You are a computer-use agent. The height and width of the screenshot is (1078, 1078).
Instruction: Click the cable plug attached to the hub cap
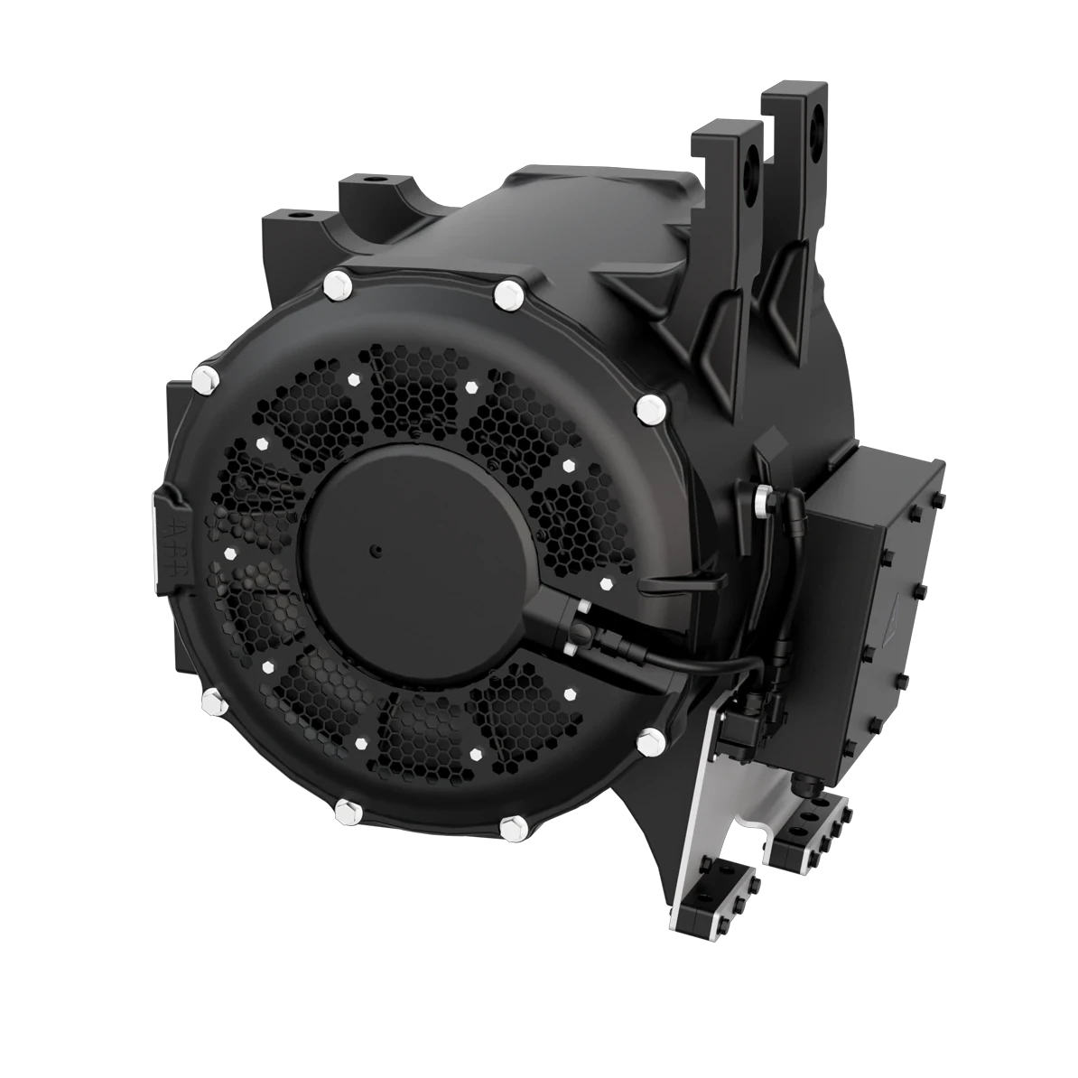[564, 623]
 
